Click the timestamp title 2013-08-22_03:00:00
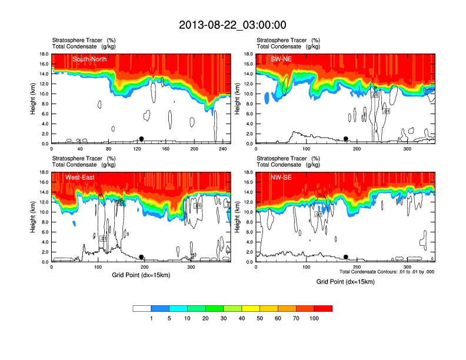pyautogui.click(x=232, y=25)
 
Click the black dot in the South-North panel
pyautogui.click(x=141, y=139)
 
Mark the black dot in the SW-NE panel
pyautogui.click(x=346, y=139)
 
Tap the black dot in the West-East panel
pyautogui.click(x=141, y=257)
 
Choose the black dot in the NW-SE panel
pyautogui.click(x=346, y=257)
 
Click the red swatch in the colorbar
pyautogui.click(x=323, y=308)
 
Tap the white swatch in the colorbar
pyautogui.click(x=142, y=308)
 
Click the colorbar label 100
pyautogui.click(x=314, y=318)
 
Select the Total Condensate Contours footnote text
pyautogui.click(x=387, y=272)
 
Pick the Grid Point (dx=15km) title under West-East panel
pyautogui.click(x=141, y=275)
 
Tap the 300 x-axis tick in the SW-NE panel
pyautogui.click(x=407, y=149)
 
